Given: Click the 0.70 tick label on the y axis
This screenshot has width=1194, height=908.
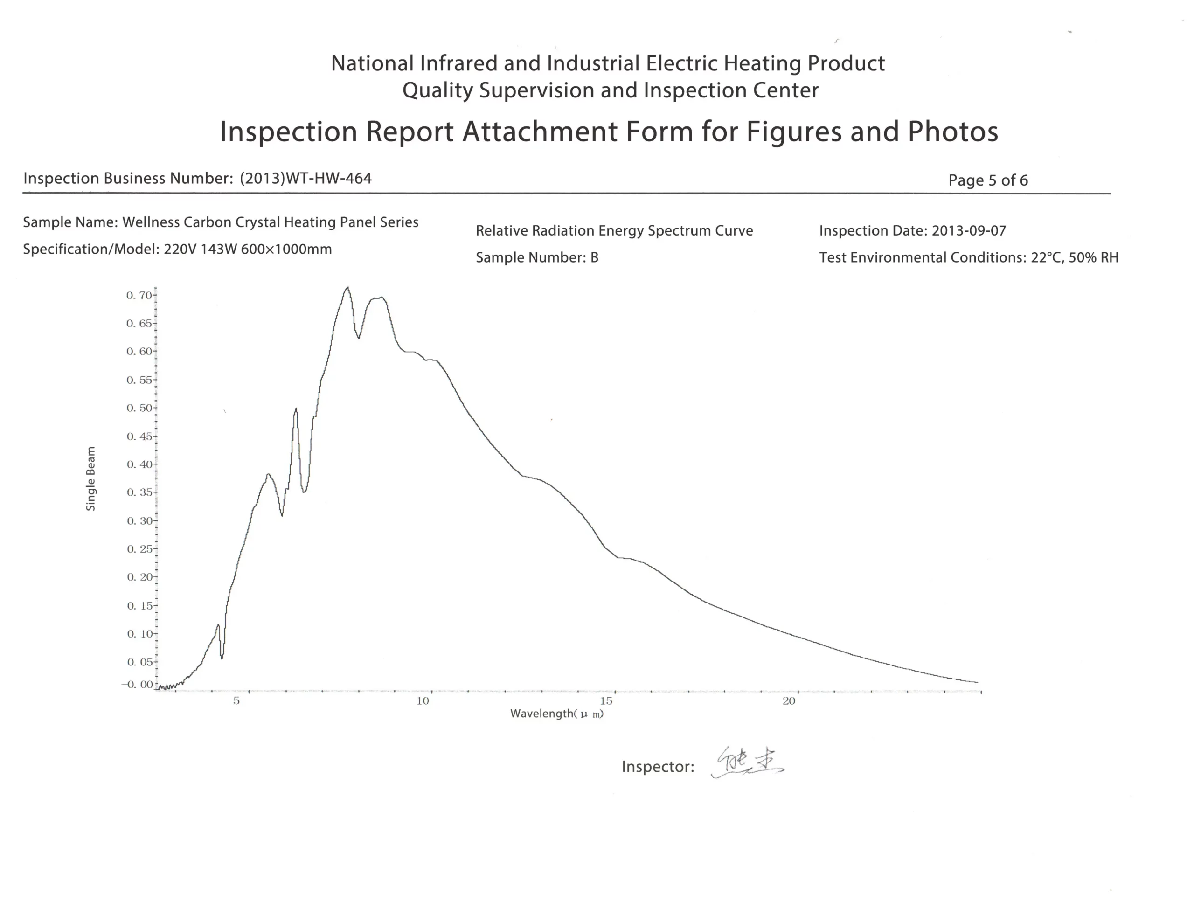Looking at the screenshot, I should point(139,295).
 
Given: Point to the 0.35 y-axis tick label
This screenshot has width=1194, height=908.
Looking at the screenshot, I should point(139,492).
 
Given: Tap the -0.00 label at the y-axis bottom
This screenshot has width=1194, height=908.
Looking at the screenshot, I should point(137,684).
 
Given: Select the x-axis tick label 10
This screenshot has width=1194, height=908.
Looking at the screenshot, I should point(423,701).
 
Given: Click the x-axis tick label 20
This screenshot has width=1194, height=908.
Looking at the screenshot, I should point(789,701).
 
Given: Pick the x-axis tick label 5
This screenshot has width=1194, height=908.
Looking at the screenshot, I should point(236,701).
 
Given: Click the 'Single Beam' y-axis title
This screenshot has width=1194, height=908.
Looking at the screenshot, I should point(91,478).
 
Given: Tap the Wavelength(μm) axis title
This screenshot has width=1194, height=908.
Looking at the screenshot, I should point(557,714).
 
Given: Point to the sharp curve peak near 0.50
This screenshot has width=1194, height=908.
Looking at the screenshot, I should point(296,409).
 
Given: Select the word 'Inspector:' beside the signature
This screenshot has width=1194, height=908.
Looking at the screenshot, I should point(657,766).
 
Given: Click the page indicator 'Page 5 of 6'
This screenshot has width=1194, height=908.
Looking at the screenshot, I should point(987,180).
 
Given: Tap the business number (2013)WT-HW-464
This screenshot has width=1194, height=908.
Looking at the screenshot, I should point(305,178).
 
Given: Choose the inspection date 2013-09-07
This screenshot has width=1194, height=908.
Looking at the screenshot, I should point(969,231).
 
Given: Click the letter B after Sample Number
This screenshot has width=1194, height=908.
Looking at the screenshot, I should point(594,258).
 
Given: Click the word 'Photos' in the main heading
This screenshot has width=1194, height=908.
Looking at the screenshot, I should point(952,132).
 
